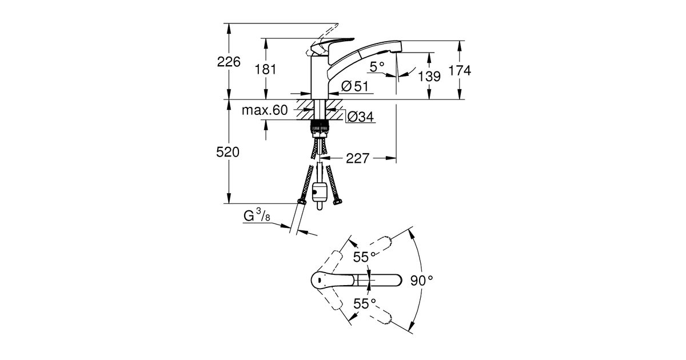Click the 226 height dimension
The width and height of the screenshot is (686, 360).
(228, 62)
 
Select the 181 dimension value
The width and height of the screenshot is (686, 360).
(266, 70)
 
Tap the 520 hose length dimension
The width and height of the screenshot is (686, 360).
(228, 153)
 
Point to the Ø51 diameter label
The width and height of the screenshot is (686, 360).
(354, 87)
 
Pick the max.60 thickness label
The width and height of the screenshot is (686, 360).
(264, 110)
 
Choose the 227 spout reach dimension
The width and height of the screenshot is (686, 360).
(358, 158)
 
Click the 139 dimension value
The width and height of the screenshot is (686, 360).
(429, 75)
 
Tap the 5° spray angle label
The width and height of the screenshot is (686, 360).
(377, 67)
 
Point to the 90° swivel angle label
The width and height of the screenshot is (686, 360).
(422, 281)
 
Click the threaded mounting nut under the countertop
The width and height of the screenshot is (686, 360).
(318, 127)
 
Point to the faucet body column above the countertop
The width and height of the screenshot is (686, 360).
(318, 77)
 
